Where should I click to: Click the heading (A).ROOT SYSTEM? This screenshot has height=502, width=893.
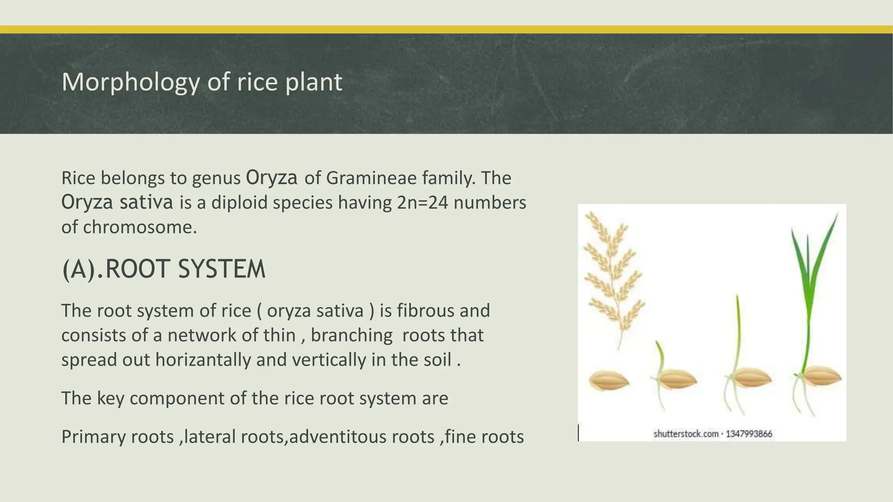tap(164, 269)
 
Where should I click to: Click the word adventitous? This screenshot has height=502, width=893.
tap(361, 437)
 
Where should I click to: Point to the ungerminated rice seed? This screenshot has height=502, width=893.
tap(609, 381)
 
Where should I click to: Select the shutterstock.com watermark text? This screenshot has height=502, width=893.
tap(685, 434)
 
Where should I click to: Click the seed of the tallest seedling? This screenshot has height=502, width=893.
tap(822, 376)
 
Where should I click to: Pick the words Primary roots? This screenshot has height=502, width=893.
tap(117, 437)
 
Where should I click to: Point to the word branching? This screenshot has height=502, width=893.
tap(351, 336)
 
